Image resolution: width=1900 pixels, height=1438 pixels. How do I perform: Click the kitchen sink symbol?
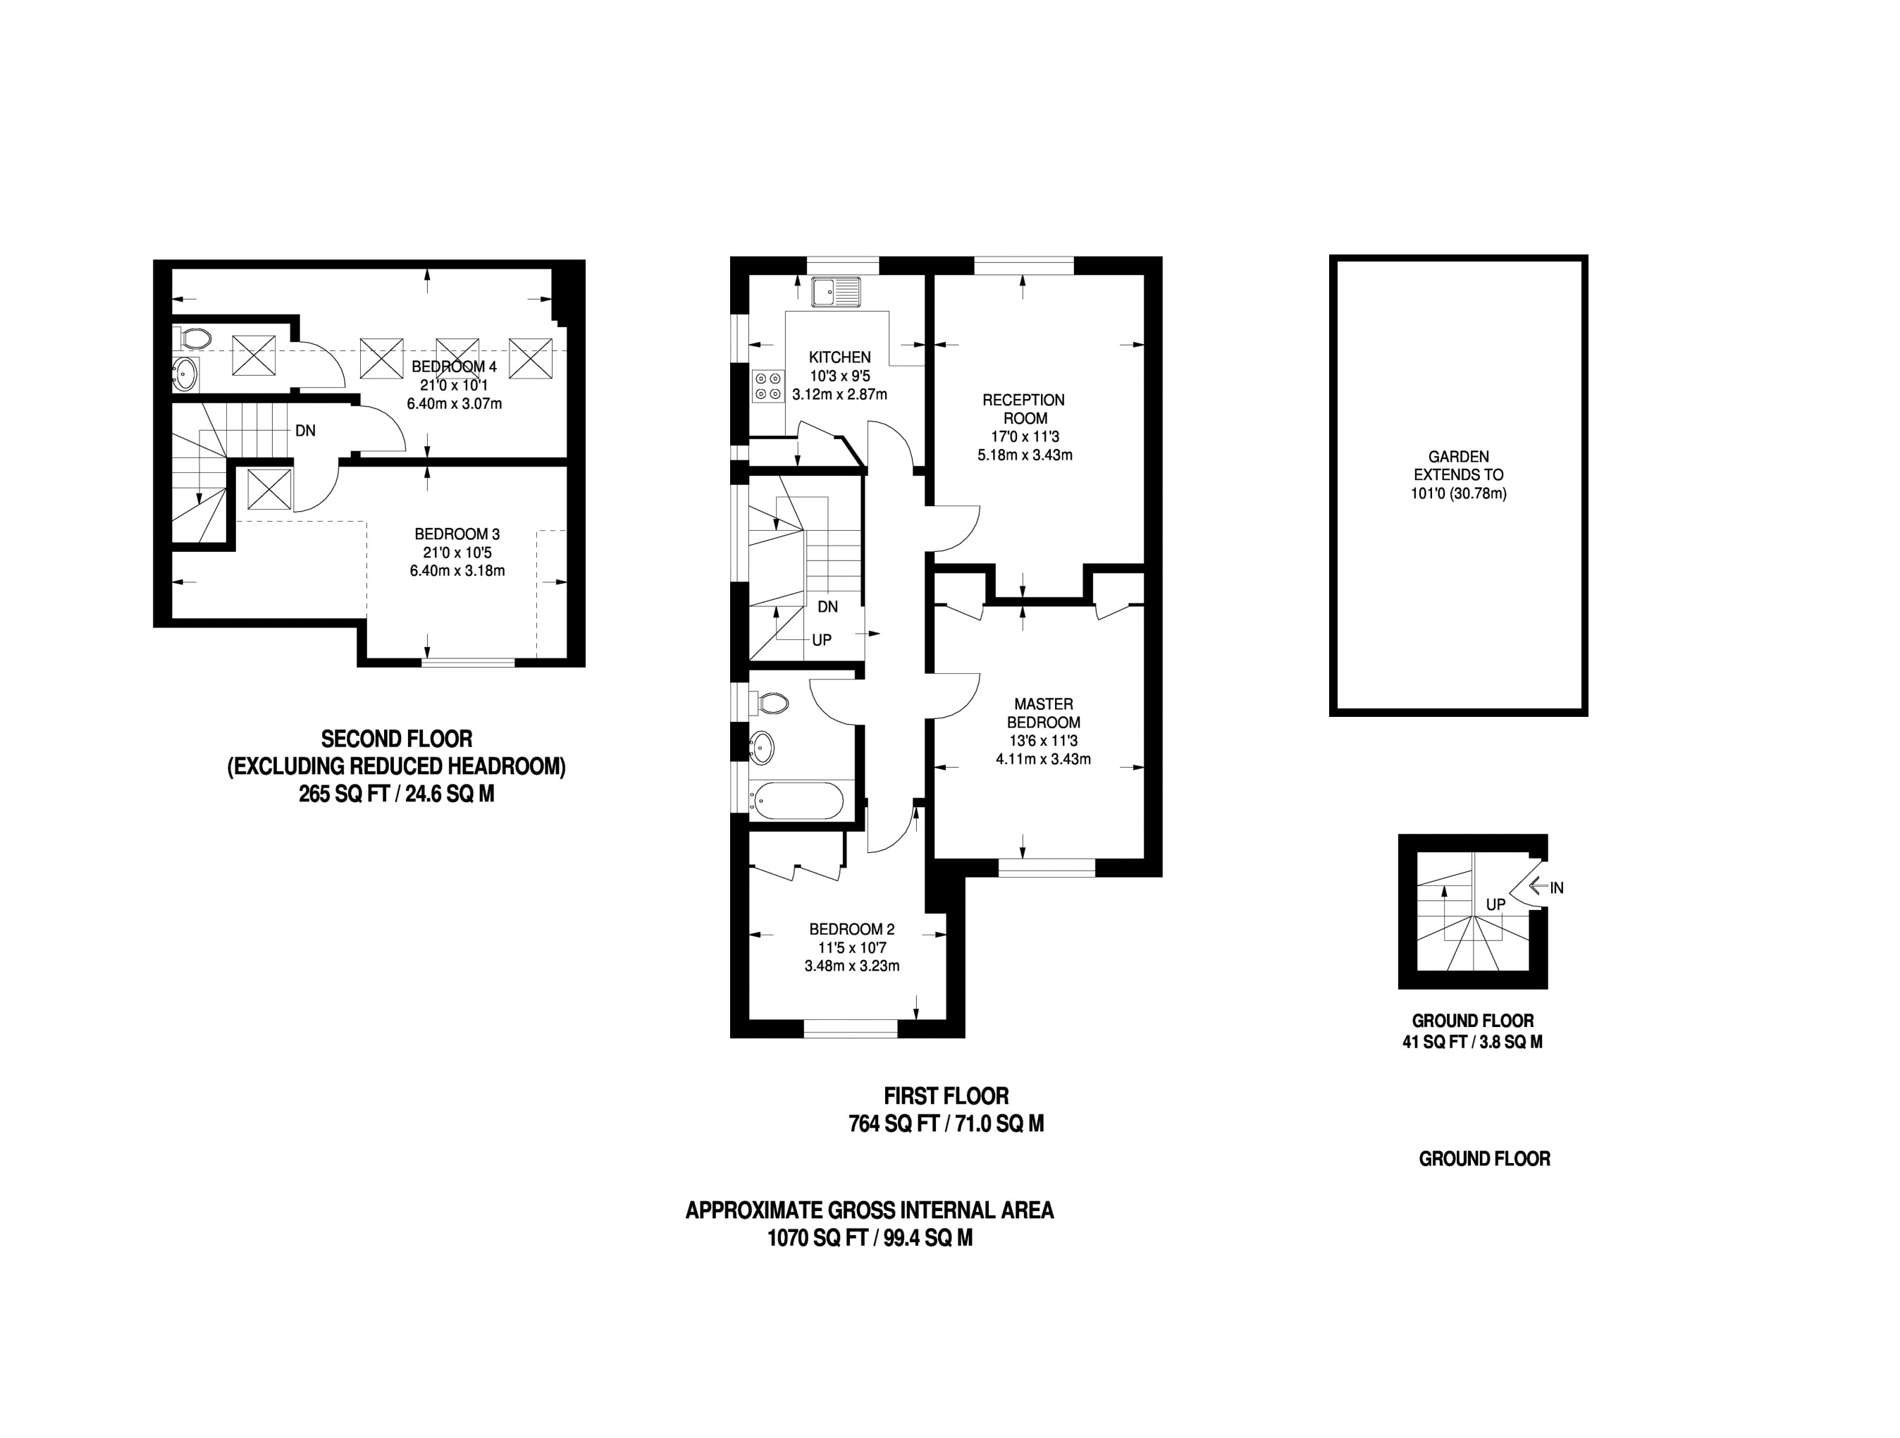(836, 292)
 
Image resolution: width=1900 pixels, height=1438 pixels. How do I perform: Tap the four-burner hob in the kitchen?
(767, 385)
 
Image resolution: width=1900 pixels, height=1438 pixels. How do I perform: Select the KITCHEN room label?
(839, 357)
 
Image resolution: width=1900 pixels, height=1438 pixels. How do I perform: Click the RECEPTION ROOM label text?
(1024, 409)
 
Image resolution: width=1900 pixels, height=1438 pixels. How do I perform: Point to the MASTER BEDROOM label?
(1043, 713)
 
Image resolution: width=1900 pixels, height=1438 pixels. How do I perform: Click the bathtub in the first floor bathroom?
(796, 801)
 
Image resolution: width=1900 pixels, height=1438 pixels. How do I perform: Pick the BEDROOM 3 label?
(457, 534)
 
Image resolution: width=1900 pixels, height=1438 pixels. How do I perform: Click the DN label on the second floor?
(305, 431)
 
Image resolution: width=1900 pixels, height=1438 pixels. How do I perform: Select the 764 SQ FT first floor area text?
(894, 1124)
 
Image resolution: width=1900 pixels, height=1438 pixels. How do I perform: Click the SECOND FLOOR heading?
(396, 739)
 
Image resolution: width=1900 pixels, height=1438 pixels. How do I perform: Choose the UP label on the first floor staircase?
(821, 640)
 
